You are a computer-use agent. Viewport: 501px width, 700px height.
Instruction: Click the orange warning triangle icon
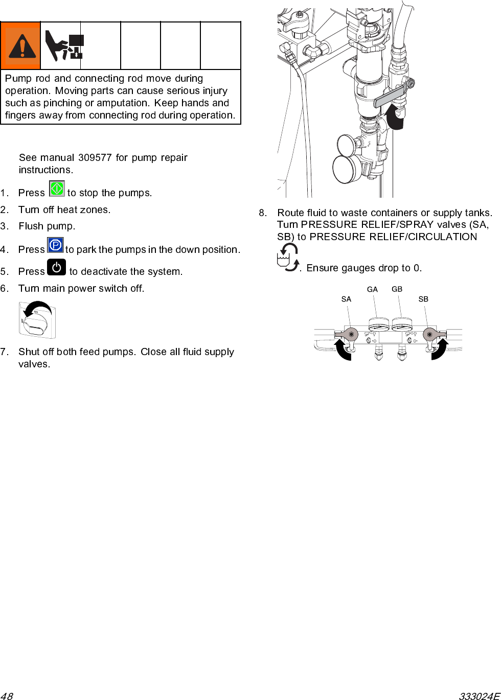(x=21, y=46)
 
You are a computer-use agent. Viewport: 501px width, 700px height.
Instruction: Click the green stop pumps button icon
(x=57, y=189)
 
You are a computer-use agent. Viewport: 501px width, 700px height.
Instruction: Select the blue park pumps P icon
(x=55, y=245)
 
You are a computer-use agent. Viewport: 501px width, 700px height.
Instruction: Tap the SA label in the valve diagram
(x=346, y=299)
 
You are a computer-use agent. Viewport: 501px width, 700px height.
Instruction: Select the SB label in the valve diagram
(x=423, y=299)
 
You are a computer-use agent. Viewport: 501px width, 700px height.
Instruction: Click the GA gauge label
(x=372, y=290)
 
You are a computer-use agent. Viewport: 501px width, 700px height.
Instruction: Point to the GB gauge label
(x=397, y=289)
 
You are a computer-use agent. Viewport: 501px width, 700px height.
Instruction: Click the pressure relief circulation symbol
(x=288, y=257)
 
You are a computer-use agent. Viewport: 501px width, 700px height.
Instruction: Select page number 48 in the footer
(x=7, y=696)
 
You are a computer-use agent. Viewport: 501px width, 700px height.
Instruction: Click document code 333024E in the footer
(x=479, y=696)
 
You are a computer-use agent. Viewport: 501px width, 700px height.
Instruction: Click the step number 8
(x=262, y=213)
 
